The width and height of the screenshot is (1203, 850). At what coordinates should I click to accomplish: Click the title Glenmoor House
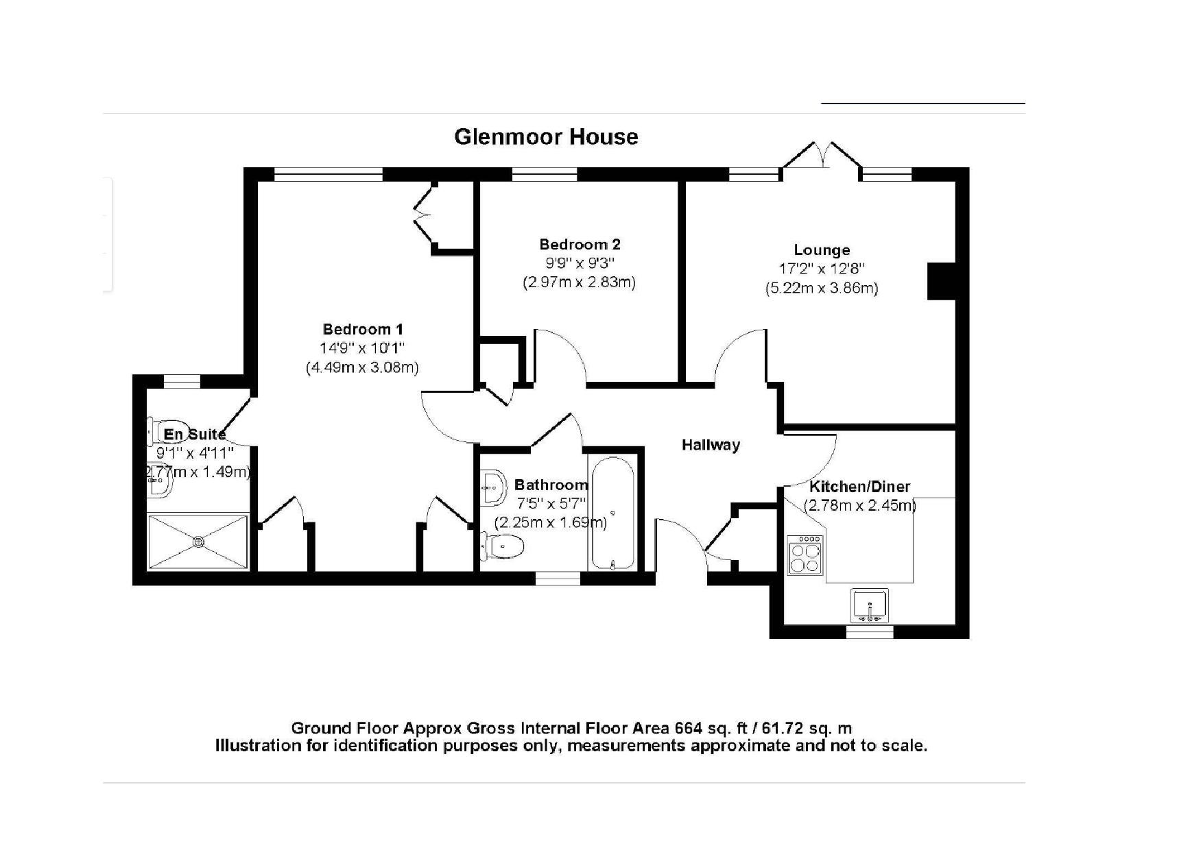pyautogui.click(x=546, y=136)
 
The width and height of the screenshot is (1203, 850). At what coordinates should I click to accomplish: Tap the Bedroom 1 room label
pyautogui.click(x=363, y=329)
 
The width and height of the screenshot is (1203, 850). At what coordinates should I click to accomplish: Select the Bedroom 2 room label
pyautogui.click(x=580, y=244)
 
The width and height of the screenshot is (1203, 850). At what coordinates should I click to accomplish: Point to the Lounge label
pyautogui.click(x=822, y=250)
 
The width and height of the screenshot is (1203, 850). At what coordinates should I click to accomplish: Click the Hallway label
pyautogui.click(x=711, y=445)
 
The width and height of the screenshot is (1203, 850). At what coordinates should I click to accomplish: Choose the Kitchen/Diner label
pyautogui.click(x=860, y=487)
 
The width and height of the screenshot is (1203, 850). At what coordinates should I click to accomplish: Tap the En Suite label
pyautogui.click(x=195, y=434)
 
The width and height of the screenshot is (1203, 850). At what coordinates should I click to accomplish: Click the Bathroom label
pyautogui.click(x=551, y=485)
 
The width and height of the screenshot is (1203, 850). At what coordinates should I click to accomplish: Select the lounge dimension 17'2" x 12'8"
pyautogui.click(x=822, y=269)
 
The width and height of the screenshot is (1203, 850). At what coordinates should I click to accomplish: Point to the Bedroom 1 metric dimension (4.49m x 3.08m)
pyautogui.click(x=362, y=367)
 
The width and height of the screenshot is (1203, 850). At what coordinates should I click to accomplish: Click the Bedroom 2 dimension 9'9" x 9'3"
pyautogui.click(x=580, y=263)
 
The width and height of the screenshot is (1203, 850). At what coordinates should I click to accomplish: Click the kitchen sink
pyautogui.click(x=870, y=605)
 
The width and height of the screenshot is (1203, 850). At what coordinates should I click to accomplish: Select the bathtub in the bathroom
pyautogui.click(x=612, y=513)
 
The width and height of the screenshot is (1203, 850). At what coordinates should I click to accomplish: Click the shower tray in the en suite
pyautogui.click(x=198, y=542)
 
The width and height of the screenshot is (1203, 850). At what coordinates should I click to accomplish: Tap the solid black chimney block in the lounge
pyautogui.click(x=941, y=280)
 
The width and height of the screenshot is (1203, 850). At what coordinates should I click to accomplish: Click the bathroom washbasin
pyautogui.click(x=492, y=487)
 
